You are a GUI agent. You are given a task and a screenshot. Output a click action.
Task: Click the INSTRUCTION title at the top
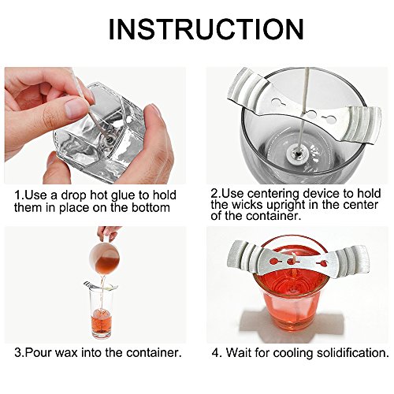pos(206,29)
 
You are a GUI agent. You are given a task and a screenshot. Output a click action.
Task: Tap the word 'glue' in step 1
pos(123,196)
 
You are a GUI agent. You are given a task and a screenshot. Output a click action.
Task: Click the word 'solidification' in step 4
pos(352,352)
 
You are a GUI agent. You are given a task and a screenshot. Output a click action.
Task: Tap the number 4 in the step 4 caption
pos(216,353)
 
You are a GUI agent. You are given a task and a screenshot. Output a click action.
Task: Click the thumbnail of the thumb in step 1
pos(74,108)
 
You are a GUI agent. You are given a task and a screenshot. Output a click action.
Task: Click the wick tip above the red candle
pos(292,254)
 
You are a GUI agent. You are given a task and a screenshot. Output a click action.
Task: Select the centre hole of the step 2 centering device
pos(312,114)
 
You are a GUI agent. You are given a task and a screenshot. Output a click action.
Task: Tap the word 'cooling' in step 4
pos(292,353)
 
